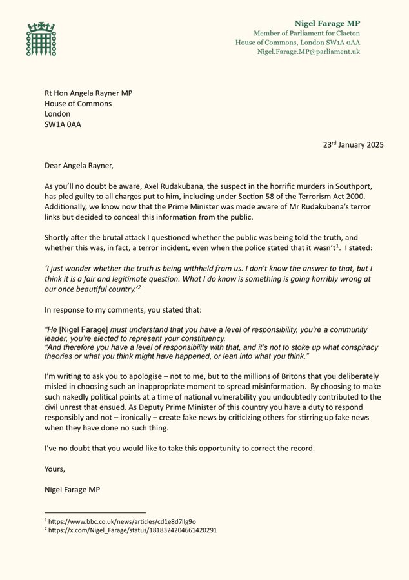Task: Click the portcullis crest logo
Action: click(x=41, y=39)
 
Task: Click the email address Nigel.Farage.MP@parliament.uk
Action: click(x=308, y=52)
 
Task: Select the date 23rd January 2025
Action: click(x=354, y=145)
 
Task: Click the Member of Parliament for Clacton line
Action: click(x=306, y=33)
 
